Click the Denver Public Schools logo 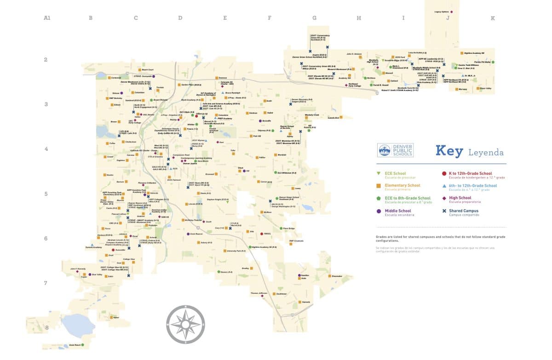(x=395, y=150)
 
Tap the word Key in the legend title (x=448, y=151)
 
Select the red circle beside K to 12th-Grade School (x=444, y=174)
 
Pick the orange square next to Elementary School (x=378, y=186)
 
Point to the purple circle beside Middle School (x=378, y=211)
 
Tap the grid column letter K (x=493, y=18)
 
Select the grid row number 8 (x=46, y=328)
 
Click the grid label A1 (x=46, y=18)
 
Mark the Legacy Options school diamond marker (x=452, y=11)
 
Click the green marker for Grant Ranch (x=83, y=344)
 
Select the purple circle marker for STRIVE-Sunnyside (x=154, y=76)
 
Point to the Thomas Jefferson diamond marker (x=262, y=296)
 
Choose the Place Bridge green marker (x=281, y=228)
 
